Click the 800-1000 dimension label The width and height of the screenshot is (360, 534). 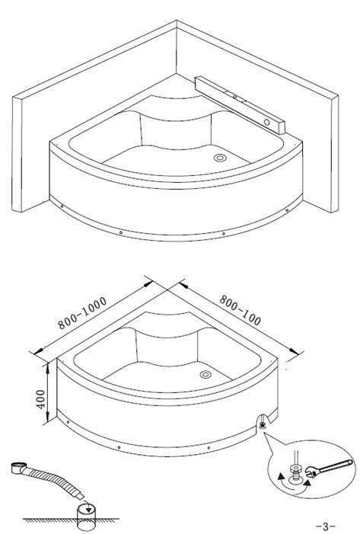pyautogui.click(x=82, y=312)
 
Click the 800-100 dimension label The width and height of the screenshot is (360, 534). pyautogui.click(x=241, y=310)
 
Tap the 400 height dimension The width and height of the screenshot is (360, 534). pyautogui.click(x=40, y=399)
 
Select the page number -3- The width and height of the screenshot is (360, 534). pyautogui.click(x=325, y=526)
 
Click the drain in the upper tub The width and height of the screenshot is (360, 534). pyautogui.click(x=220, y=158)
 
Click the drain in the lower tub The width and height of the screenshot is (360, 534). pyautogui.click(x=205, y=375)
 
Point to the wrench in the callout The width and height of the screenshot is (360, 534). pyautogui.click(x=329, y=468)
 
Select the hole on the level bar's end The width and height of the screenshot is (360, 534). pyautogui.click(x=267, y=122)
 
